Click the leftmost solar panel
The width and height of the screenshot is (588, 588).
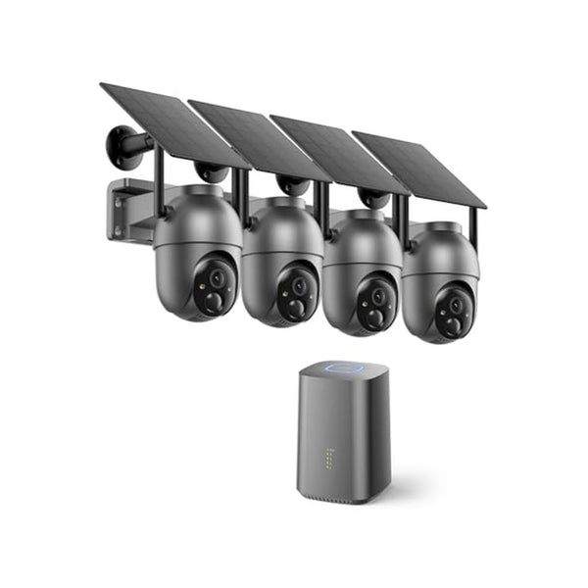171,123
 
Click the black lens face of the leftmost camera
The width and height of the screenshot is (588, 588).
213,286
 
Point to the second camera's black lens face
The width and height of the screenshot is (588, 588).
294,295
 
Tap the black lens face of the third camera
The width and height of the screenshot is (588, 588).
374,303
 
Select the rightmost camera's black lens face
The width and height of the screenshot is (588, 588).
451,311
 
